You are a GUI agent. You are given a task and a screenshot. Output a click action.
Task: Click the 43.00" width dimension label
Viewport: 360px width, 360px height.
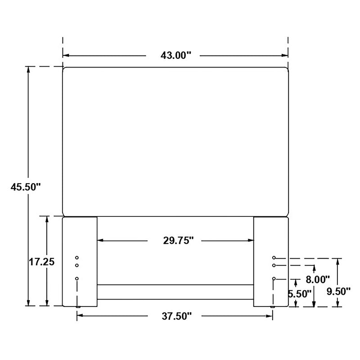[173, 55]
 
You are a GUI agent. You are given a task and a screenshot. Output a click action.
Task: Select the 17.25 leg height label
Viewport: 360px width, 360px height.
[42, 262]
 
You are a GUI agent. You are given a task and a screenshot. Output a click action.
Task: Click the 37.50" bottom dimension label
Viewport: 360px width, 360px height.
[175, 316]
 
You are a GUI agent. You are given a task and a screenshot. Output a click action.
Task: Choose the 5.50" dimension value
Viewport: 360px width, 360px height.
[301, 294]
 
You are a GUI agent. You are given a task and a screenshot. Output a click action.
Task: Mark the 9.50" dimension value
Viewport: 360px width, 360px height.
[338, 291]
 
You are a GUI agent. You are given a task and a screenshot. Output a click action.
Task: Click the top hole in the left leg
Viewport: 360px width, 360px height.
[77, 258]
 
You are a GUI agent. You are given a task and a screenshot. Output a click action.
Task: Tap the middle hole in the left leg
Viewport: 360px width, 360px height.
[77, 265]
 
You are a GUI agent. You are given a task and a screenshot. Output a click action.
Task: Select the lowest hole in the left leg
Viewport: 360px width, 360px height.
[77, 279]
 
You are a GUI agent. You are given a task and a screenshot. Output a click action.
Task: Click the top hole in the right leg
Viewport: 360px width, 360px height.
[274, 258]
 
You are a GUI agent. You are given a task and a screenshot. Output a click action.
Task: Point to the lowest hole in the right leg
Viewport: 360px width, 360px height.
[274, 279]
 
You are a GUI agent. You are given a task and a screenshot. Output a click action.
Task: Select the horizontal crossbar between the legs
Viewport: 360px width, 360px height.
[175, 292]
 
